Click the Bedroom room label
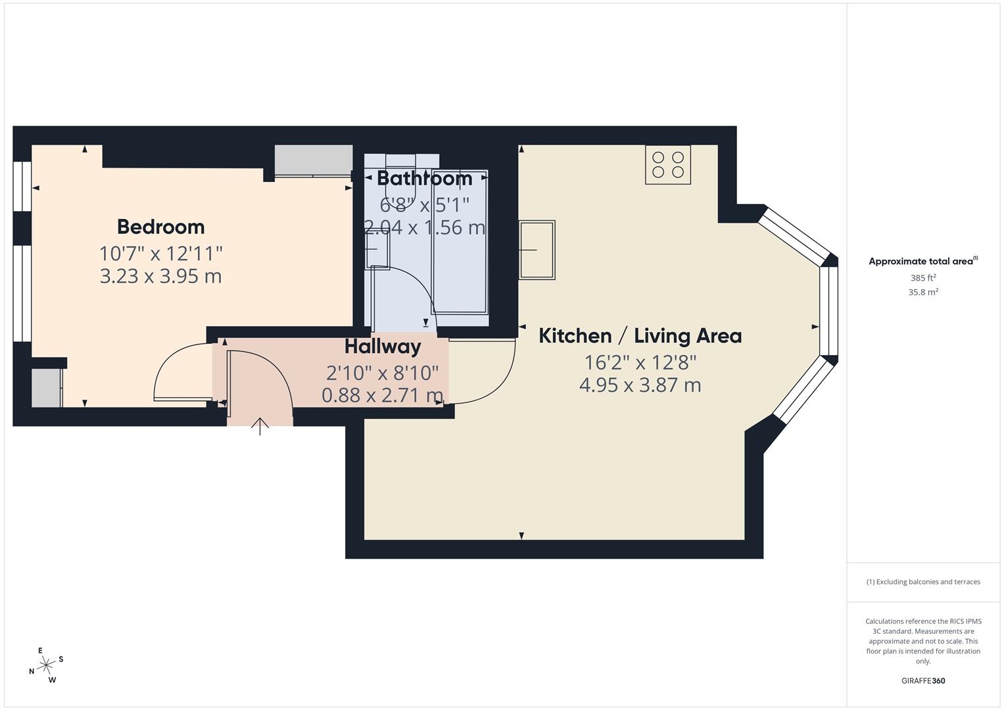pyautogui.click(x=161, y=227)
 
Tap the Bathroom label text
pyautogui.click(x=425, y=178)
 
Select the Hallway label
pyautogui.click(x=383, y=346)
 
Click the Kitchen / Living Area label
pyautogui.click(x=640, y=336)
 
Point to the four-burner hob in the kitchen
pyautogui.click(x=668, y=164)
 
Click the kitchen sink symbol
pyautogui.click(x=537, y=250)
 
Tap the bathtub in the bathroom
pyautogui.click(x=460, y=242)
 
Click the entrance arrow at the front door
pyautogui.click(x=260, y=427)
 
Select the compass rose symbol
pyautogui.click(x=46, y=665)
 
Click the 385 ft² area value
pyautogui.click(x=923, y=278)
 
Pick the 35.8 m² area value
pyautogui.click(x=923, y=293)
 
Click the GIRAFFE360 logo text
pyautogui.click(x=923, y=680)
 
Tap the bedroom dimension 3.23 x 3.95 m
pyautogui.click(x=160, y=276)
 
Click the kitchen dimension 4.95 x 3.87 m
pyautogui.click(x=640, y=385)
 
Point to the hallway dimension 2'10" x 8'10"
pyautogui.click(x=382, y=373)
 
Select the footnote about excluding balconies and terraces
pyautogui.click(x=923, y=582)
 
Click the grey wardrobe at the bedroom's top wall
pyautogui.click(x=314, y=160)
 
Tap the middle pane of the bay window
pyautogui.click(x=829, y=310)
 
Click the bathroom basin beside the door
pyautogui.click(x=377, y=251)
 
